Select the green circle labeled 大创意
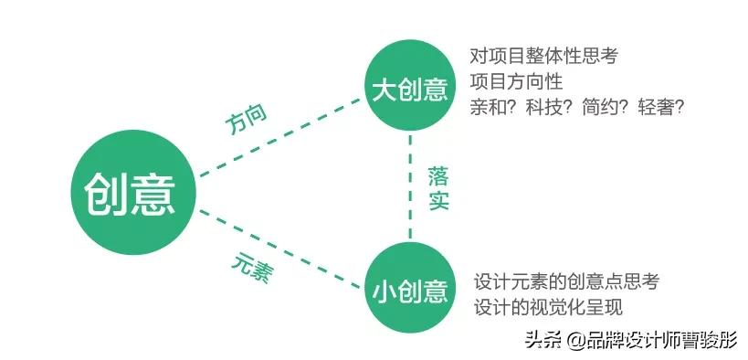tap(410, 90)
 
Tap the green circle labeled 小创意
tap(410, 290)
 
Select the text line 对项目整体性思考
tap(543, 56)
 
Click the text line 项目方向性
tap(516, 81)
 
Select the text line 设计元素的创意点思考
tap(566, 281)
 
